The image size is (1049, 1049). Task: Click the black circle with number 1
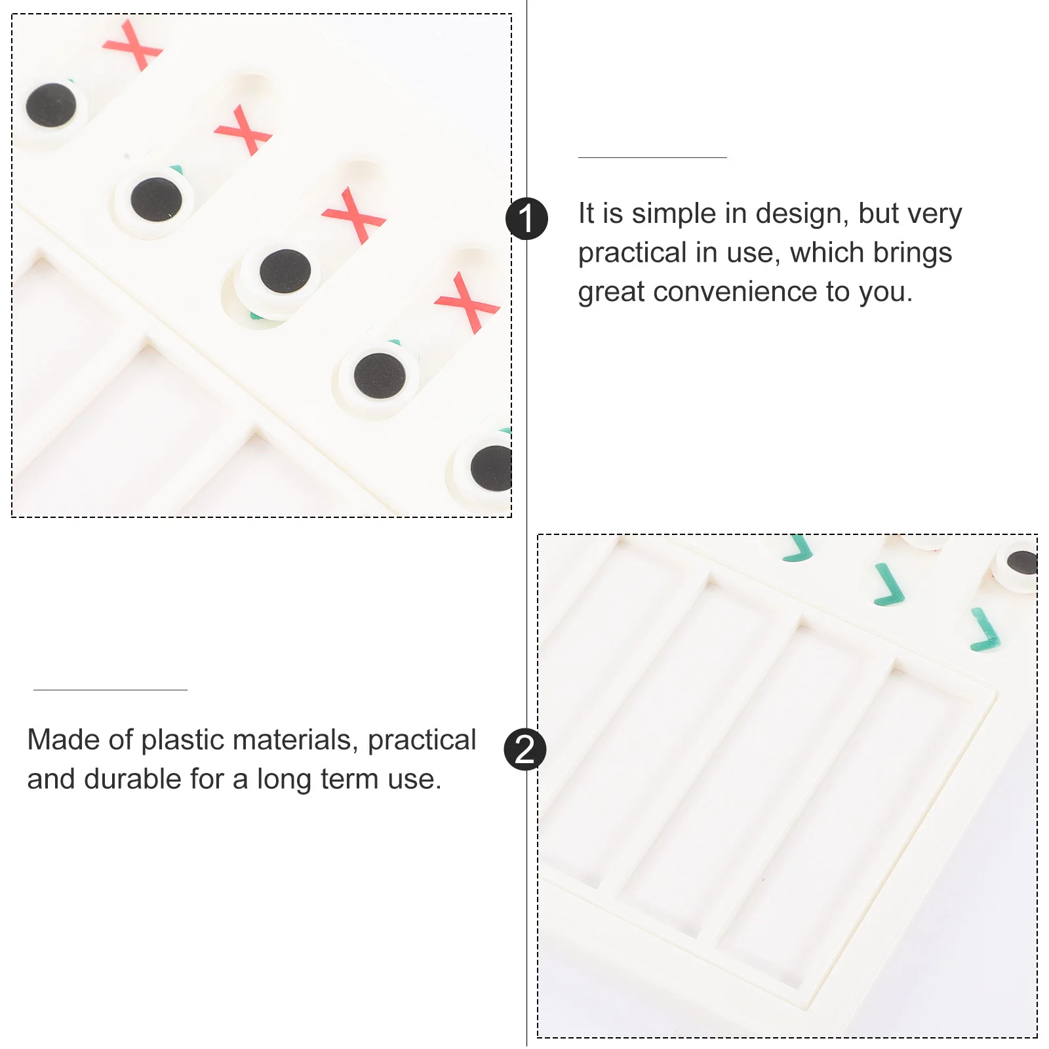[526, 218]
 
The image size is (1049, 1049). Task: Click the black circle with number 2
[525, 749]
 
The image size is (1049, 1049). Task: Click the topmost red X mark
[133, 45]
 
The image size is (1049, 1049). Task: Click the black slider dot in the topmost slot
[50, 105]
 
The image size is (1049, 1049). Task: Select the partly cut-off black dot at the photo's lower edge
[492, 468]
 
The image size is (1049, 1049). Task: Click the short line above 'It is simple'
[652, 157]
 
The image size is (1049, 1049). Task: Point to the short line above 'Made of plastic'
[110, 690]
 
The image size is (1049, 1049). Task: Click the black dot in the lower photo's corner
[1021, 563]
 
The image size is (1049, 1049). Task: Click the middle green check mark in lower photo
[889, 585]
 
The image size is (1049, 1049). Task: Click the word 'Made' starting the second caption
[64, 740]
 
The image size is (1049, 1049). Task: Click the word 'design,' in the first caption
[802, 214]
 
